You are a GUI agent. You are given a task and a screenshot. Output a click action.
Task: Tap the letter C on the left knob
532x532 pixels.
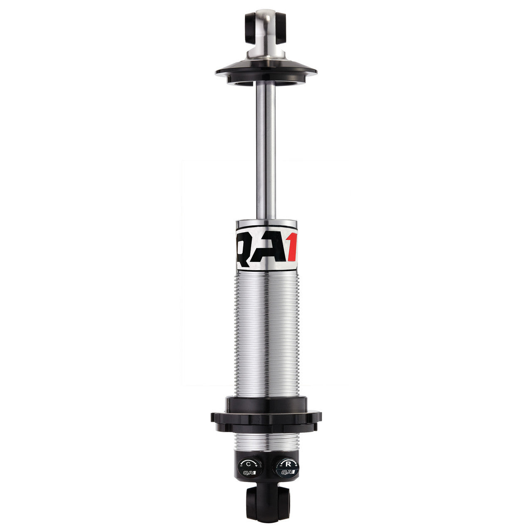pyautogui.click(x=248, y=463)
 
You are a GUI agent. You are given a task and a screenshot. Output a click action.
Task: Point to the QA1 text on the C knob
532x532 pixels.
pyautogui.click(x=248, y=472)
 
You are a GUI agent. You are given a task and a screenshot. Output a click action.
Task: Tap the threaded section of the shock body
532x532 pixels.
pyautogui.click(x=266, y=332)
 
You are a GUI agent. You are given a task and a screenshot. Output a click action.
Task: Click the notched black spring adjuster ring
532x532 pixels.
pyautogui.click(x=266, y=418)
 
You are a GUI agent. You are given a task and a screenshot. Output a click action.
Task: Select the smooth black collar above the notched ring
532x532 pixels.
pyautogui.click(x=266, y=403)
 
